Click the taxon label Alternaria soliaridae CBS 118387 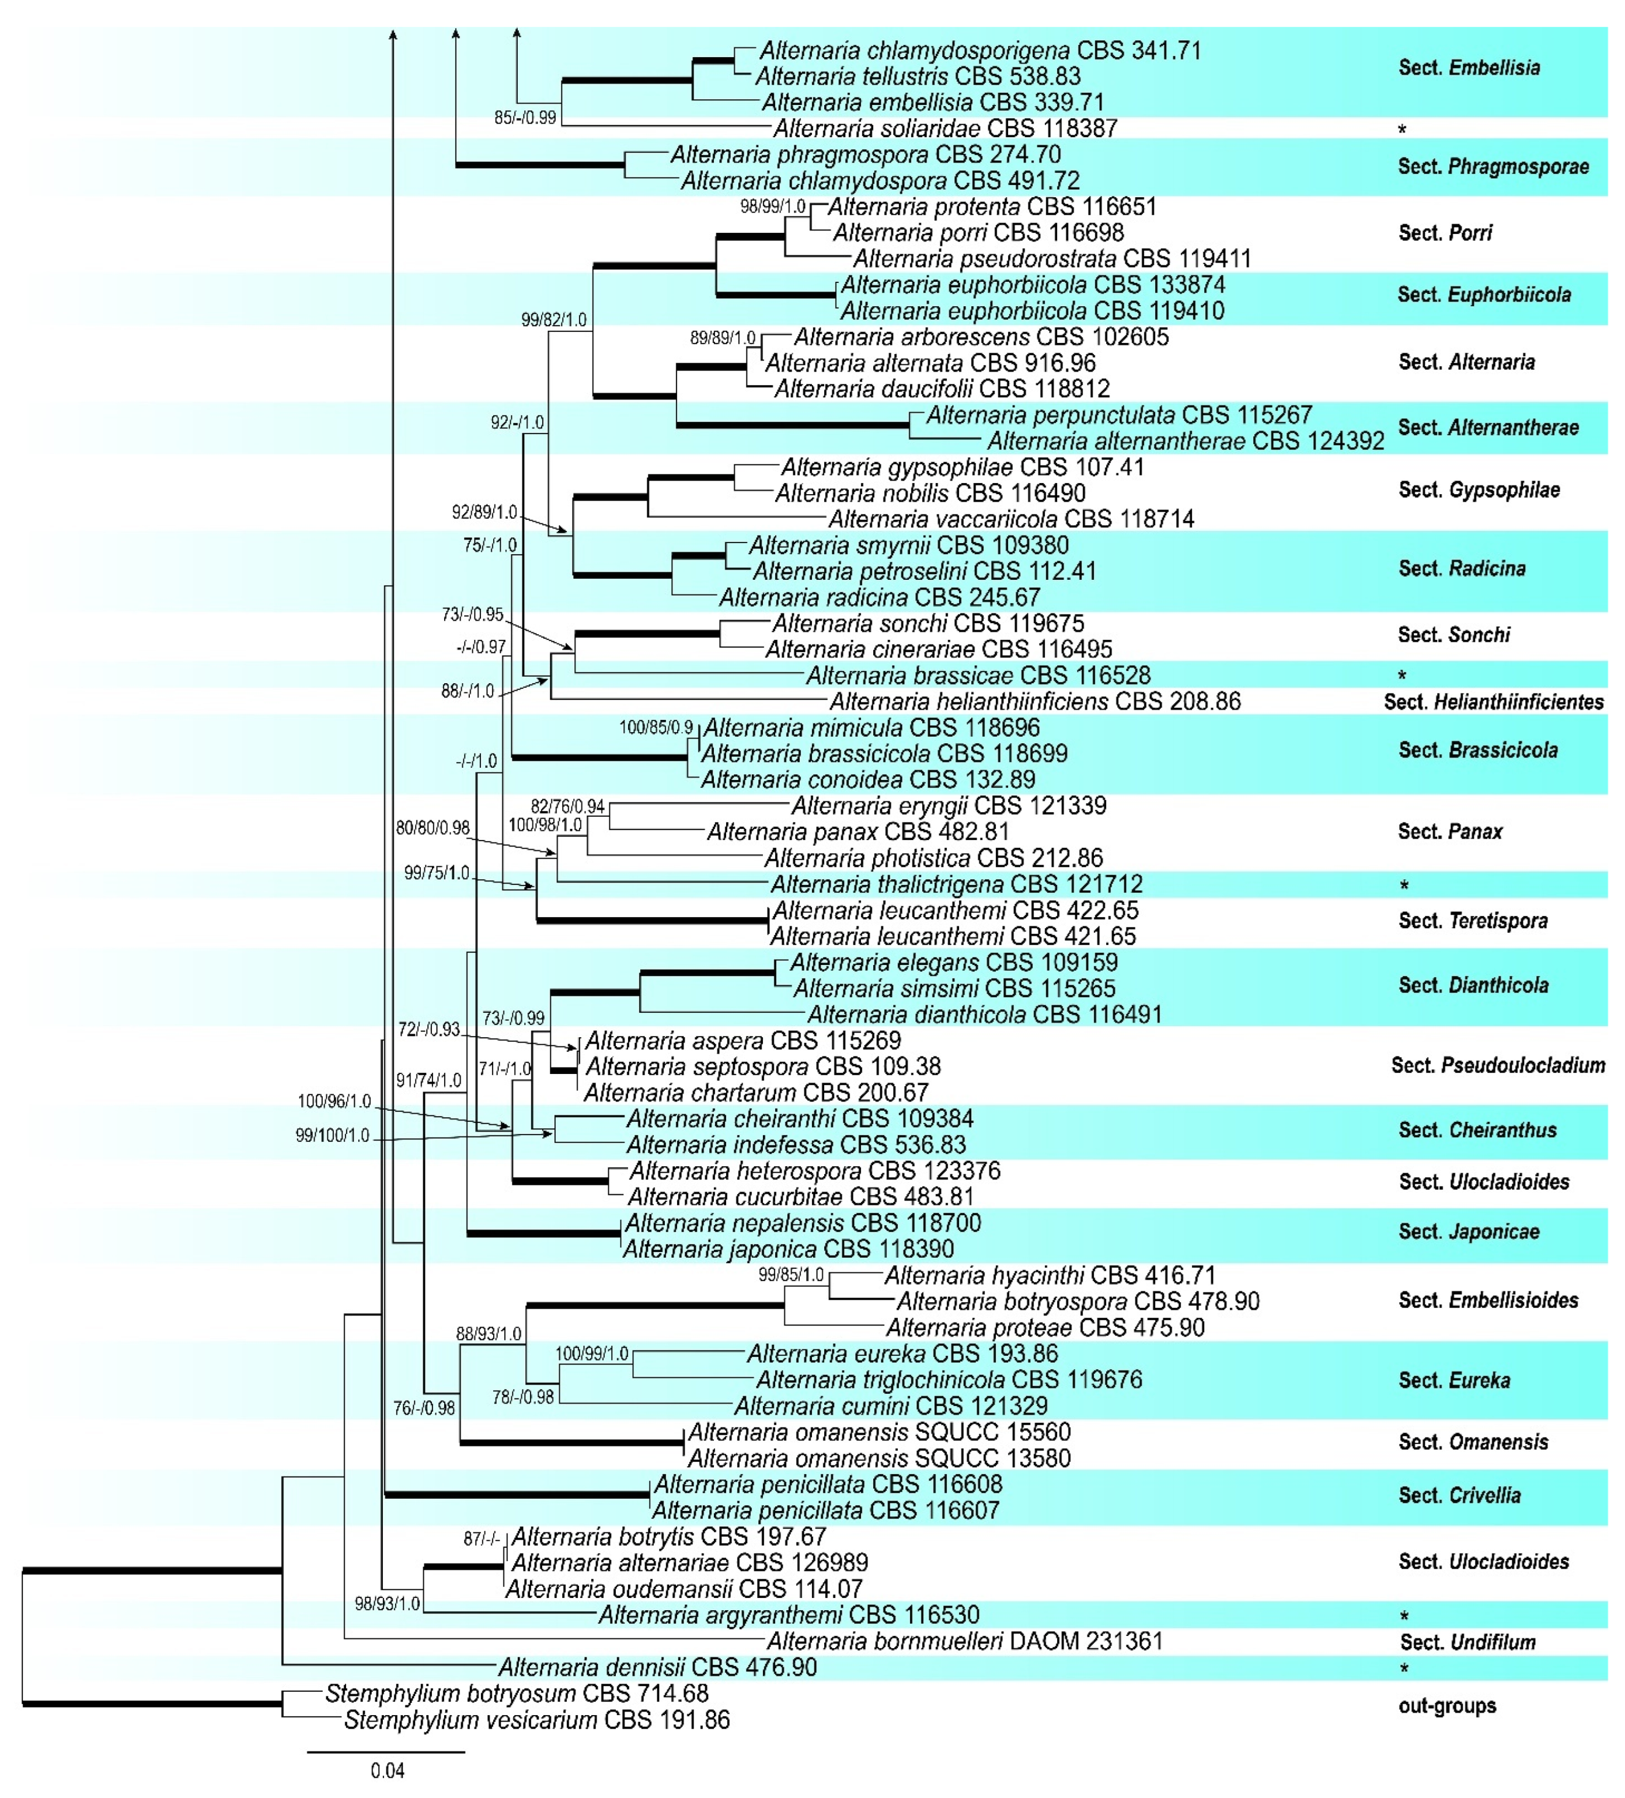point(944,128)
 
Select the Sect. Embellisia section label point(1468,68)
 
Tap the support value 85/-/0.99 point(525,118)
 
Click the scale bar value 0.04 point(388,1771)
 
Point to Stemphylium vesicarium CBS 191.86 point(536,1719)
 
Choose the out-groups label point(1446,1706)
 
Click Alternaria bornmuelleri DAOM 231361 point(964,1641)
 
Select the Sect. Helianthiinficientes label point(1493,702)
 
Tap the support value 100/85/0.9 point(656,727)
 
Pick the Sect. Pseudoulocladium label point(1497,1065)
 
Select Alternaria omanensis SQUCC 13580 point(879,1458)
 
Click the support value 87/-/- point(480,1538)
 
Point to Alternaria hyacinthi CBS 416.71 point(1049,1275)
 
